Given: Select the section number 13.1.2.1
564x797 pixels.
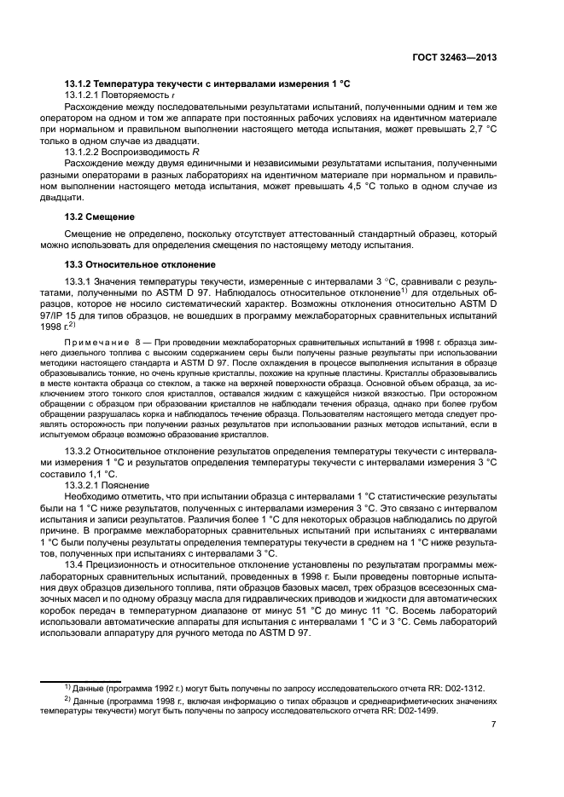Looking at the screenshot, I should click(84, 95).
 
